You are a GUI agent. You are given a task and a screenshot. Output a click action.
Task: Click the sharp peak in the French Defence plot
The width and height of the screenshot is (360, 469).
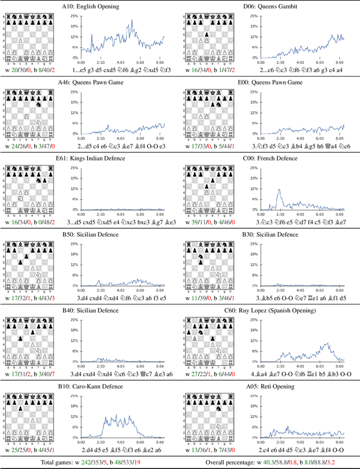click(279, 190)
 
